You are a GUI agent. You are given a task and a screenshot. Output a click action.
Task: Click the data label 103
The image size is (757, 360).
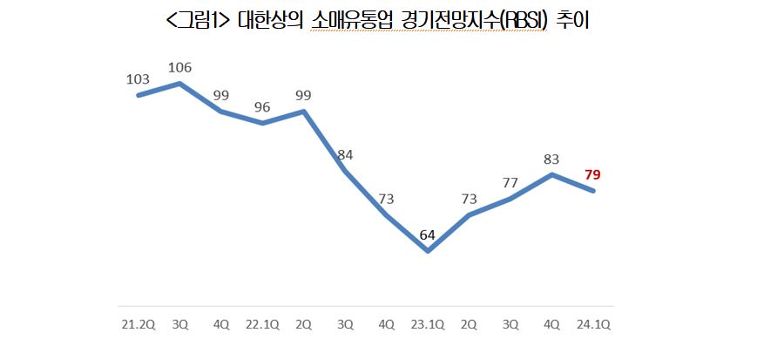pos(139,79)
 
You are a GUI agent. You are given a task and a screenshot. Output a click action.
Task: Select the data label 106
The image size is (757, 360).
pos(179,67)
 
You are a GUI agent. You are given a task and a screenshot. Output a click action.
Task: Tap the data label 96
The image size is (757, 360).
pos(262,108)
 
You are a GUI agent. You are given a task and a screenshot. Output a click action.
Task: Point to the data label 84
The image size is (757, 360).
pos(345,155)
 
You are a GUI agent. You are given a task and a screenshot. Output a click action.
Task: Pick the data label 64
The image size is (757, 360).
pos(428,234)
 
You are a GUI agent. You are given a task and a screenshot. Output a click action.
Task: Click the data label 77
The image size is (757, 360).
pos(510,183)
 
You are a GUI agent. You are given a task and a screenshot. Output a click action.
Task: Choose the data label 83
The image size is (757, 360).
pos(551,159)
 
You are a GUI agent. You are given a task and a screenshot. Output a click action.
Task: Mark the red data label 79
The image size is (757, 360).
pos(592,175)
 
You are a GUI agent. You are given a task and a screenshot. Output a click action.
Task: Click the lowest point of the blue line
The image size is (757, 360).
pos(428,251)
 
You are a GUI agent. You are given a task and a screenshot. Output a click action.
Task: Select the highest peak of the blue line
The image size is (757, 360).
pos(179,84)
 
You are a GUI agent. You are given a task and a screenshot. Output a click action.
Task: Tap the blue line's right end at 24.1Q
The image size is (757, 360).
pos(593,191)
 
